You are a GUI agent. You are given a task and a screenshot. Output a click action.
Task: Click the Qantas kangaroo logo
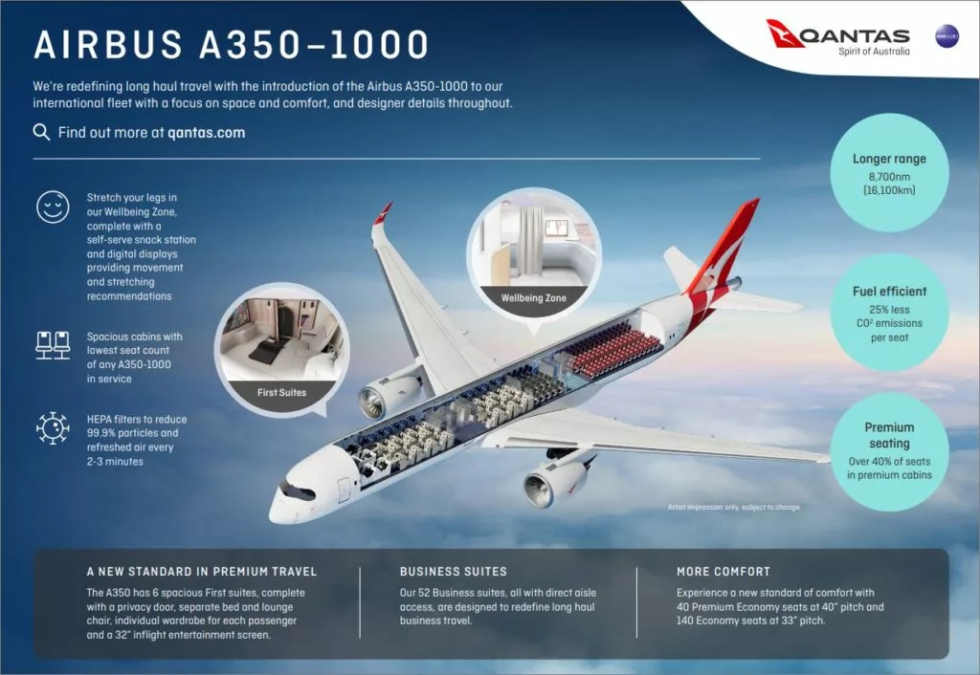point(787,33)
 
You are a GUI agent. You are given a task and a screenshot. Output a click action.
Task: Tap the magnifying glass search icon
point(41,133)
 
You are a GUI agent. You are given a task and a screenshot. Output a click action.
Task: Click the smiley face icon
point(53,207)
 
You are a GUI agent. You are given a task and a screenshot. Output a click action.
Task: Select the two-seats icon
point(53,345)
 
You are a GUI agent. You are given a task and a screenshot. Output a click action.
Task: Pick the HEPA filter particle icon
point(53,428)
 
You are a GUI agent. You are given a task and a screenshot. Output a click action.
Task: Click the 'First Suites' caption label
point(281,392)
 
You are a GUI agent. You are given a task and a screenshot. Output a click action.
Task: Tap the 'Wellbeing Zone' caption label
point(533,298)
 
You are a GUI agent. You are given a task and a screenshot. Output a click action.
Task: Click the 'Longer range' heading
point(889,159)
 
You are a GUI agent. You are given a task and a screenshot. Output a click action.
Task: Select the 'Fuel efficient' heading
point(889,291)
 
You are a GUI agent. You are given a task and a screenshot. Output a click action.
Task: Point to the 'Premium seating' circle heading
point(889,435)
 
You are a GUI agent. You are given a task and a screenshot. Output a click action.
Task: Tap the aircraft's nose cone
point(279,506)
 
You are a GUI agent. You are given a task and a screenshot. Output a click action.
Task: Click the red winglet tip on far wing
point(383,212)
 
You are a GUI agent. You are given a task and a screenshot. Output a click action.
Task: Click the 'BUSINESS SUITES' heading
point(453,572)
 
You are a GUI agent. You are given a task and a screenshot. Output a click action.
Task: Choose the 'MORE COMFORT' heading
point(723,572)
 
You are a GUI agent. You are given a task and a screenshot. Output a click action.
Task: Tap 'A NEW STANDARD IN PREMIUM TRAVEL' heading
point(201,572)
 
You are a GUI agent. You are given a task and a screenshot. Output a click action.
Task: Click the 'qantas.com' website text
point(206,133)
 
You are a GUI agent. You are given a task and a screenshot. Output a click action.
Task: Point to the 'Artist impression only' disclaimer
point(733,507)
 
